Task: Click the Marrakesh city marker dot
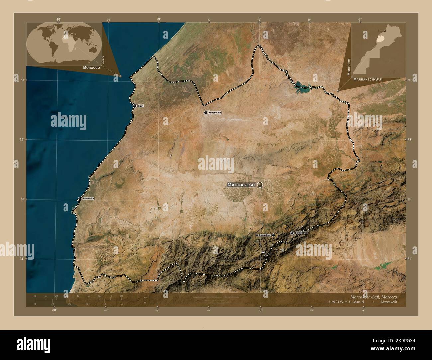click(259, 185)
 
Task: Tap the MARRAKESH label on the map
click(241, 185)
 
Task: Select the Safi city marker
click(135, 106)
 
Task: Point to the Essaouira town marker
click(80, 198)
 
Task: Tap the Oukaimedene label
click(263, 235)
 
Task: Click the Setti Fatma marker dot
click(292, 233)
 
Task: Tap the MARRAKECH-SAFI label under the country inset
click(370, 80)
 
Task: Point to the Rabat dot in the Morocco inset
click(385, 31)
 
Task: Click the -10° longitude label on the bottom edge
click(54, 310)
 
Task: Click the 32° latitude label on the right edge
click(409, 140)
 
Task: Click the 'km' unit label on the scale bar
click(145, 297)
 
